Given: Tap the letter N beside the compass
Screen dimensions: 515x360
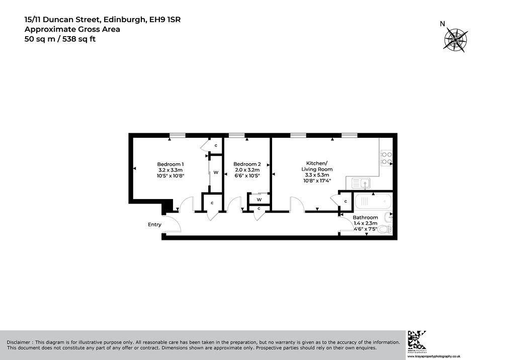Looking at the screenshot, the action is click(x=443, y=24).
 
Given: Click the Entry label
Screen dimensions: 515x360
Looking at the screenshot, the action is click(x=154, y=225).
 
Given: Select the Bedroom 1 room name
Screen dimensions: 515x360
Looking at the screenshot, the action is click(x=170, y=164).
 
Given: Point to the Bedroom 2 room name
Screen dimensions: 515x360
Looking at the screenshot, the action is click(x=247, y=164).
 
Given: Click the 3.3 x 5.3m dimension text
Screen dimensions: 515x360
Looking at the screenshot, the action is click(x=317, y=175).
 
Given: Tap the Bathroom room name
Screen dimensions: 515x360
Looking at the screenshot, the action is click(x=365, y=217).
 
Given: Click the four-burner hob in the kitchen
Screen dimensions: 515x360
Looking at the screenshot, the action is click(x=386, y=158).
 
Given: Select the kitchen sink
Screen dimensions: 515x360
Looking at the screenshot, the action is click(x=361, y=184).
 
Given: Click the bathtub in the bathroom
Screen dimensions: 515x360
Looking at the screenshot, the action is click(x=373, y=201).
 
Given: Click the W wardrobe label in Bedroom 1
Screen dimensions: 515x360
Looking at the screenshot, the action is click(x=216, y=172).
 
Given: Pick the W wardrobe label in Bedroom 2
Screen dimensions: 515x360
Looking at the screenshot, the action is click(x=259, y=200).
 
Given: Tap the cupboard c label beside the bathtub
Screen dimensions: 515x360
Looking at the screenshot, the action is click(x=346, y=201).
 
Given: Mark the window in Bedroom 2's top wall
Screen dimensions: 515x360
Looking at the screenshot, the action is click(x=236, y=135).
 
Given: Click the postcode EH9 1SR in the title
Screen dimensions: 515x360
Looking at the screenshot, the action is click(x=165, y=20).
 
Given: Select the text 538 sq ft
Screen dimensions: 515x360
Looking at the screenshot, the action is click(x=79, y=39).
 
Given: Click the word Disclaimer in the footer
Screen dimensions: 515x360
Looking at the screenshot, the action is click(x=19, y=342).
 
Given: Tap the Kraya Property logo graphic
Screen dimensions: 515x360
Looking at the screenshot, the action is click(x=417, y=340).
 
